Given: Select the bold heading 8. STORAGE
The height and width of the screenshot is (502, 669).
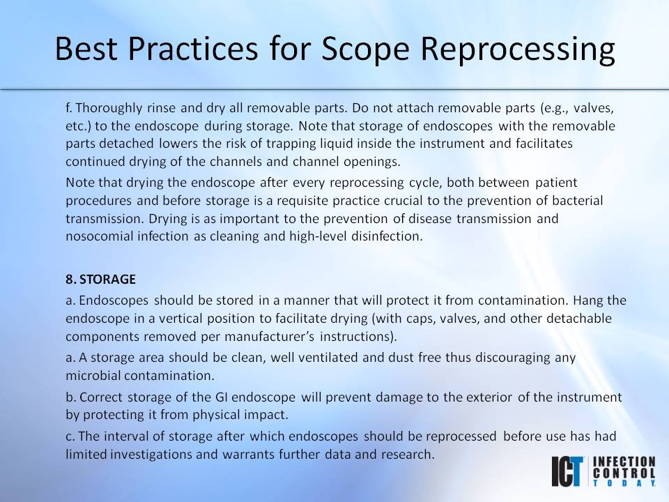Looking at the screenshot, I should coord(100,279).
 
